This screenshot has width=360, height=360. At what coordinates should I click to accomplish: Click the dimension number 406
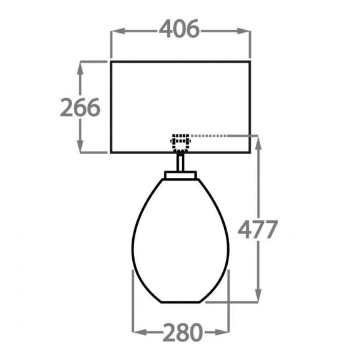point(180,29)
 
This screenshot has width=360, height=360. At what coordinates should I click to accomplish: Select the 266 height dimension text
point(80,107)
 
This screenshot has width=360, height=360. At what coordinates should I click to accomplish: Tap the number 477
point(257,230)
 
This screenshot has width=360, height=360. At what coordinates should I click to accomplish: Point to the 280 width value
point(182,333)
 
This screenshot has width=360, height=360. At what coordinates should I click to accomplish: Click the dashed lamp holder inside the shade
point(181,142)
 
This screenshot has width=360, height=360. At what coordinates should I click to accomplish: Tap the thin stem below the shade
point(181,162)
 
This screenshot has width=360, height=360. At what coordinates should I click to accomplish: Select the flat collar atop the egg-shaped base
point(181,176)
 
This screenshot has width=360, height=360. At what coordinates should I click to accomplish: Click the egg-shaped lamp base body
point(181,242)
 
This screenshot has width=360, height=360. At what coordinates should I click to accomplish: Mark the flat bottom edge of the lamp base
point(181,302)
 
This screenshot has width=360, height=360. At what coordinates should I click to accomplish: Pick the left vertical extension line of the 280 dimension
point(133,304)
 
